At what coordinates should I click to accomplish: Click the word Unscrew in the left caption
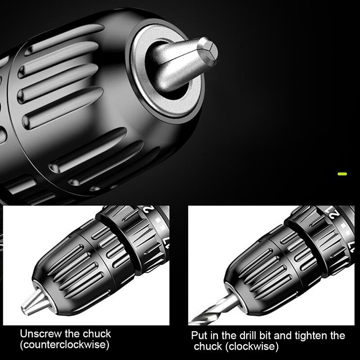[x=41, y=334]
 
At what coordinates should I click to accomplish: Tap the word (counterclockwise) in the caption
[x=64, y=345]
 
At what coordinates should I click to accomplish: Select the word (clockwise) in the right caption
[x=252, y=346]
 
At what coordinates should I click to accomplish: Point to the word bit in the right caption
[x=265, y=335]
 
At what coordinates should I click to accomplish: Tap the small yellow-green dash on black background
[x=342, y=174]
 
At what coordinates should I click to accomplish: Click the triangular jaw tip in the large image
[x=207, y=50]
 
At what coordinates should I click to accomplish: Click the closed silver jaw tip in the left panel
[x=35, y=302]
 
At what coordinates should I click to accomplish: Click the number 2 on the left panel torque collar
[x=151, y=209]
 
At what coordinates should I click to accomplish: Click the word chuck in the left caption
[x=97, y=334]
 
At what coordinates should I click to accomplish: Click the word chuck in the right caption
[x=208, y=346]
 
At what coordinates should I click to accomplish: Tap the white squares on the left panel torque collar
[x=160, y=224]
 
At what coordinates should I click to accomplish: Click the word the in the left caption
[x=72, y=334]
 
